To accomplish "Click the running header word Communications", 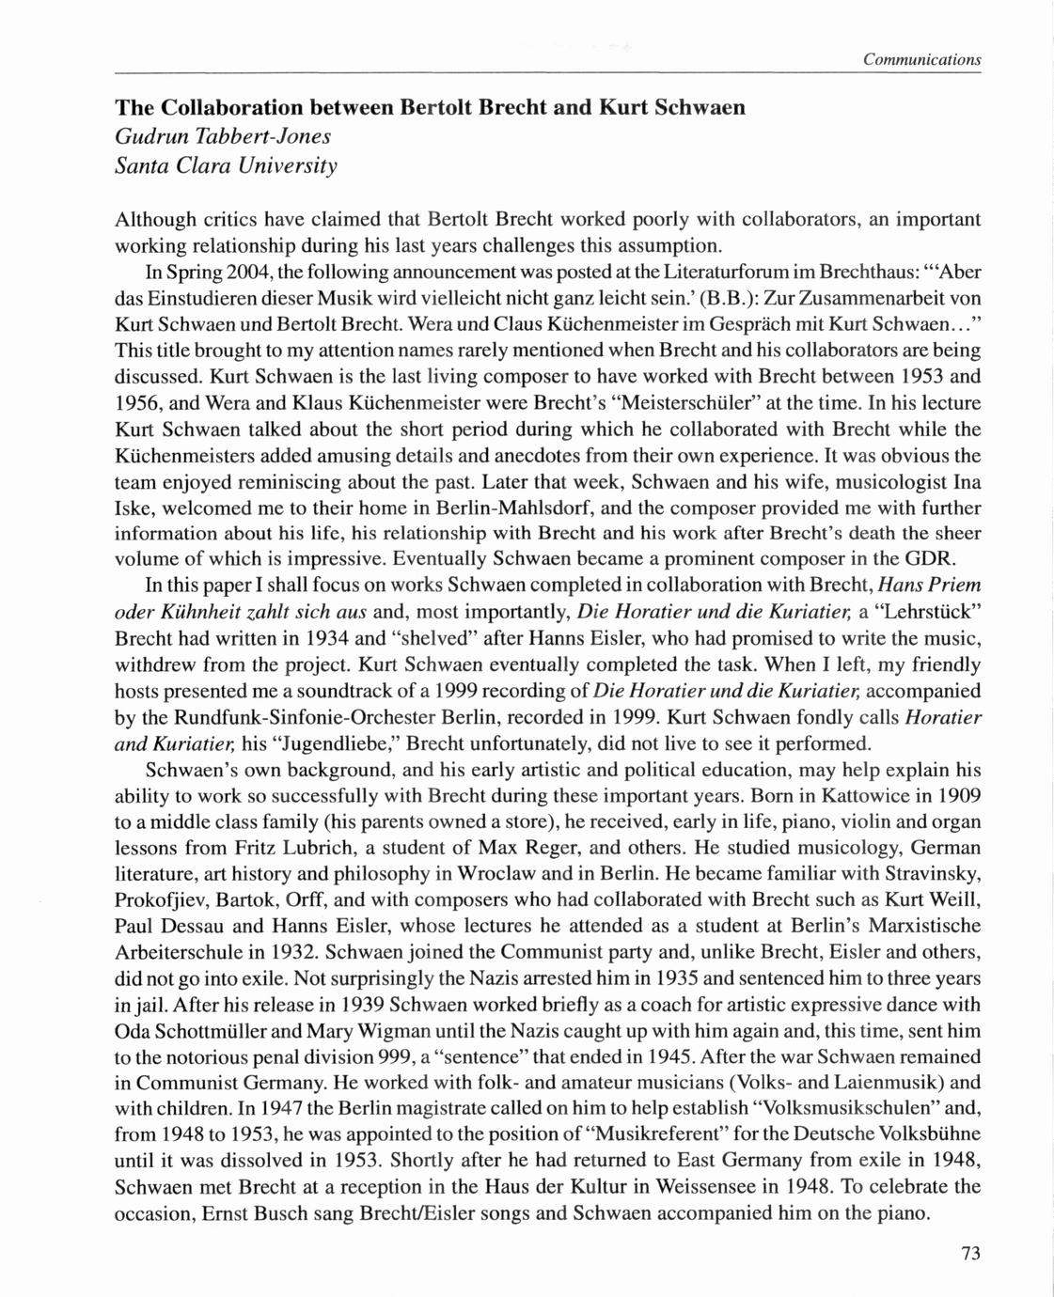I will pyautogui.click(x=921, y=60).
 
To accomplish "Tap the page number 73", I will pyautogui.click(x=971, y=1253).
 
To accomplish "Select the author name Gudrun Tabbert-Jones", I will pyautogui.click(x=223, y=136).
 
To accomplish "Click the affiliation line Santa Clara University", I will pyautogui.click(x=226, y=166).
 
